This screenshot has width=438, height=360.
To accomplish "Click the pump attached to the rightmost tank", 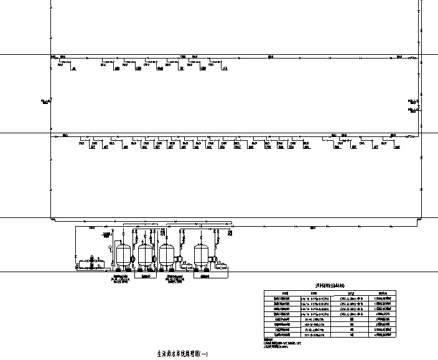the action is [213, 259].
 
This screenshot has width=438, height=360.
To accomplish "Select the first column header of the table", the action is [285, 293].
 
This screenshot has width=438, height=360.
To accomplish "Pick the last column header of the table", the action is [383, 293].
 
